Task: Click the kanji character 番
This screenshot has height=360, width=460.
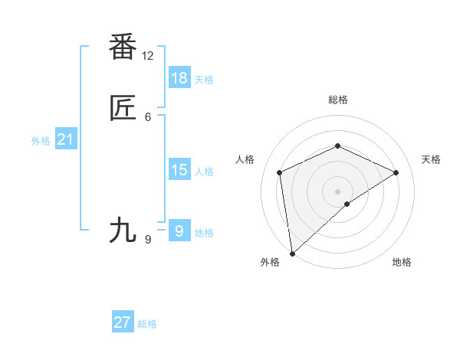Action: point(123,47)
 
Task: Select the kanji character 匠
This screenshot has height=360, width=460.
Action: point(123,110)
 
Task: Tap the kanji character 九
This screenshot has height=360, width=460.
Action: point(123,230)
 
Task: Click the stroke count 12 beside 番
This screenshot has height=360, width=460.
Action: point(148,56)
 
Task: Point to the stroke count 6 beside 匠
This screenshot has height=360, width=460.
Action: point(148,117)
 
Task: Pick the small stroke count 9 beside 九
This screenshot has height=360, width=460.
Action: point(148,240)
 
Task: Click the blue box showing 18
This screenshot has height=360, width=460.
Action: point(179,77)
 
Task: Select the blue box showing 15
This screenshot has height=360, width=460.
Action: point(179,169)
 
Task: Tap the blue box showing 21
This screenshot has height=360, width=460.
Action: point(65,139)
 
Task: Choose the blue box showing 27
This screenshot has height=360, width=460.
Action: point(123,322)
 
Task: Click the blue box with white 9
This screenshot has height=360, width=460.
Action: point(179,231)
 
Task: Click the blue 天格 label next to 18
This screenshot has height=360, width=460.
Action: point(204,80)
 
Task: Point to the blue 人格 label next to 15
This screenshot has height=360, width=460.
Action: point(204,172)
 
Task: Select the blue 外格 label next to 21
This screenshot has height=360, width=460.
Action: point(41,141)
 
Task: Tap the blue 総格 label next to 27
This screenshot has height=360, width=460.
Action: point(147,324)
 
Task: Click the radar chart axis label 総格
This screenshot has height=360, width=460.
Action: point(338,100)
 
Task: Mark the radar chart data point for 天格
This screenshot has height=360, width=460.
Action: point(396,172)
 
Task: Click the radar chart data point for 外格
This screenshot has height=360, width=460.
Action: point(291,254)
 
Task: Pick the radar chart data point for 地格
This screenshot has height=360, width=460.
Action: point(347,204)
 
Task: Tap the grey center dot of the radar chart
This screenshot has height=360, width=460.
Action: point(338,191)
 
